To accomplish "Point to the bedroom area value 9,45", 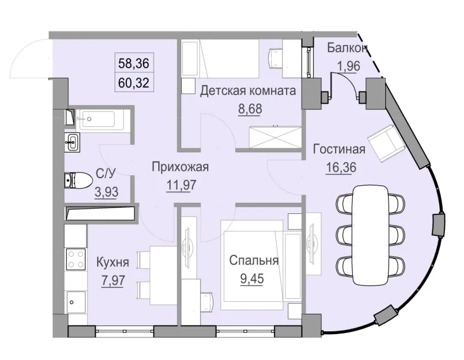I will (x=252, y=277).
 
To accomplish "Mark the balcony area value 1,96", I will (x=348, y=65).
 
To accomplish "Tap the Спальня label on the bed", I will (x=252, y=261).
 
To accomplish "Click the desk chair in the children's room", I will (x=275, y=56).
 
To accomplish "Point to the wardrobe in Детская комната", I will (x=274, y=136).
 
